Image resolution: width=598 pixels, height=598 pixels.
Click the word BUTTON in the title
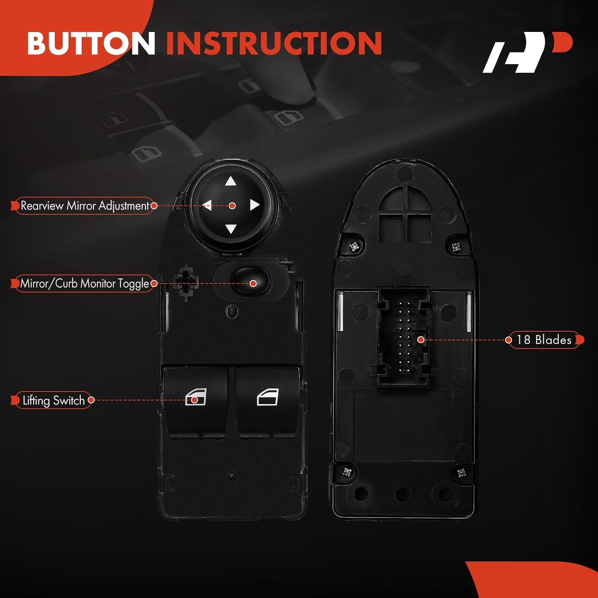pos(91,43)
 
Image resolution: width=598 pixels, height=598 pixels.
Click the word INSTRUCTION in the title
pos(274,43)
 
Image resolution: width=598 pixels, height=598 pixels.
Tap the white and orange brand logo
pos(527,52)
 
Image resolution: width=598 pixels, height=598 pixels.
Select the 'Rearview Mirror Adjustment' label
pos(85,206)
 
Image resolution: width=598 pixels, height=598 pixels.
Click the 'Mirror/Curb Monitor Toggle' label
pos(84,283)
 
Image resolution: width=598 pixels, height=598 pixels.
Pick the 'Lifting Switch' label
pos(53,400)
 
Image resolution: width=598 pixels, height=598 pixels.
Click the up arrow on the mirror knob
pos(230,182)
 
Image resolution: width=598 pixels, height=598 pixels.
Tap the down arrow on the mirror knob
pos(231,229)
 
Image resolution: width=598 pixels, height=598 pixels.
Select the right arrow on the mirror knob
pos(254,205)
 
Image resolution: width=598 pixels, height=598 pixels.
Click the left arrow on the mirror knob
pos(207,206)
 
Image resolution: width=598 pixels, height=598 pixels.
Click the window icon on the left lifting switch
pos(196,397)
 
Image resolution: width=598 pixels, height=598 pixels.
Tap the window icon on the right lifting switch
pos(268,397)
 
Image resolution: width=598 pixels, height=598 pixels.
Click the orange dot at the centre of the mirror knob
pos(232,206)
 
